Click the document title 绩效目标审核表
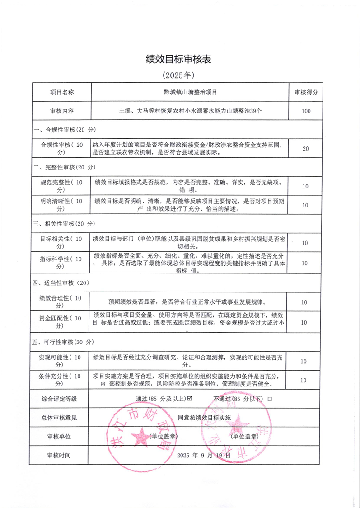179,59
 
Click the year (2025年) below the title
179,74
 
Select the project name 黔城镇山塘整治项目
190,92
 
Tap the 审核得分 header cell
306,92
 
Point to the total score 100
306,111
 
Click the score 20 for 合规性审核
306,149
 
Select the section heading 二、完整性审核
64,167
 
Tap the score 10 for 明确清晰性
305,205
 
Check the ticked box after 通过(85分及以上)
190,399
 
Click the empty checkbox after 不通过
270,400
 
